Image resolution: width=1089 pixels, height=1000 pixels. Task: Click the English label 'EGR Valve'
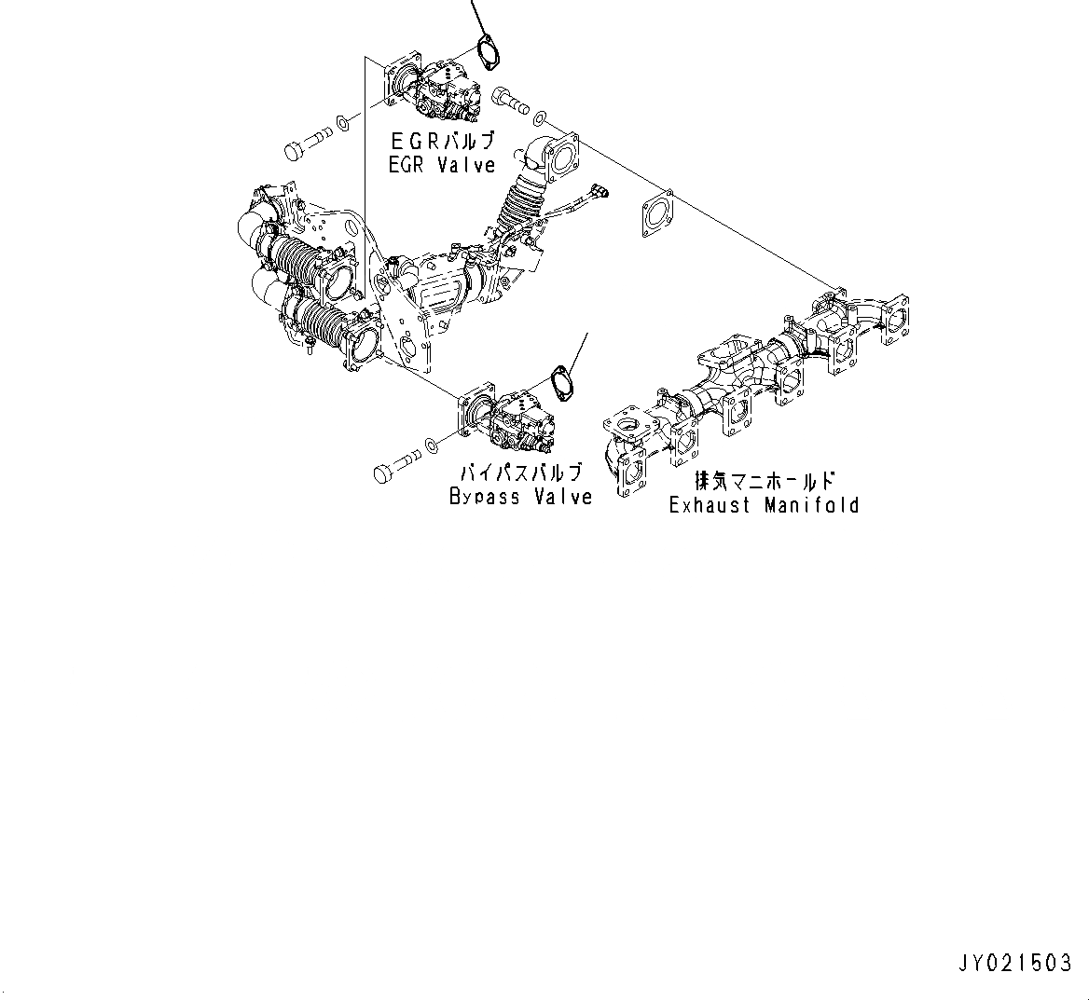coord(442,164)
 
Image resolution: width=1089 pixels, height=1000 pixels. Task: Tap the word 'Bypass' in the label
coord(485,496)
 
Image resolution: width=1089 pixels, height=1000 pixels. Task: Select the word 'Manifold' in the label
coord(811,505)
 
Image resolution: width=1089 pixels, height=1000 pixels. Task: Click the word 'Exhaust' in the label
coord(710,505)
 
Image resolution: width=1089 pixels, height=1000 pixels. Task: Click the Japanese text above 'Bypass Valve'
coord(519,473)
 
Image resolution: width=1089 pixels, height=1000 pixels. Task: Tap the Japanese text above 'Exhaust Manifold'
coord(764,482)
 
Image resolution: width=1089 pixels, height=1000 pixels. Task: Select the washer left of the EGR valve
coord(343,122)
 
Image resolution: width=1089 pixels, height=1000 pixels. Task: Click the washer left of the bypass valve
coord(431,444)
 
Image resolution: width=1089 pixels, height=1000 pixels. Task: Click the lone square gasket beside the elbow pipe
coord(657,216)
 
